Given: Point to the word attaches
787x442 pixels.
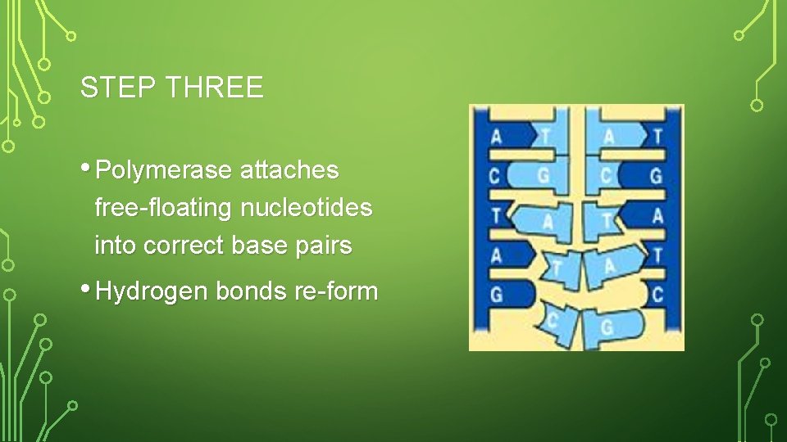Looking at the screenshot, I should [x=289, y=170].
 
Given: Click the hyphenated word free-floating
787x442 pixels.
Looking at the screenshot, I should [x=163, y=208].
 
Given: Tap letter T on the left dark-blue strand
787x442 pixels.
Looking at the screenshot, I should [x=495, y=215].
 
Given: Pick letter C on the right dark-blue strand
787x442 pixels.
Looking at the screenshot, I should [x=657, y=294].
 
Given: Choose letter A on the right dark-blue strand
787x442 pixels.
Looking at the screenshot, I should [x=657, y=215].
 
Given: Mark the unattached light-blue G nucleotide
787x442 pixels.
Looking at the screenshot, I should [x=607, y=327].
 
